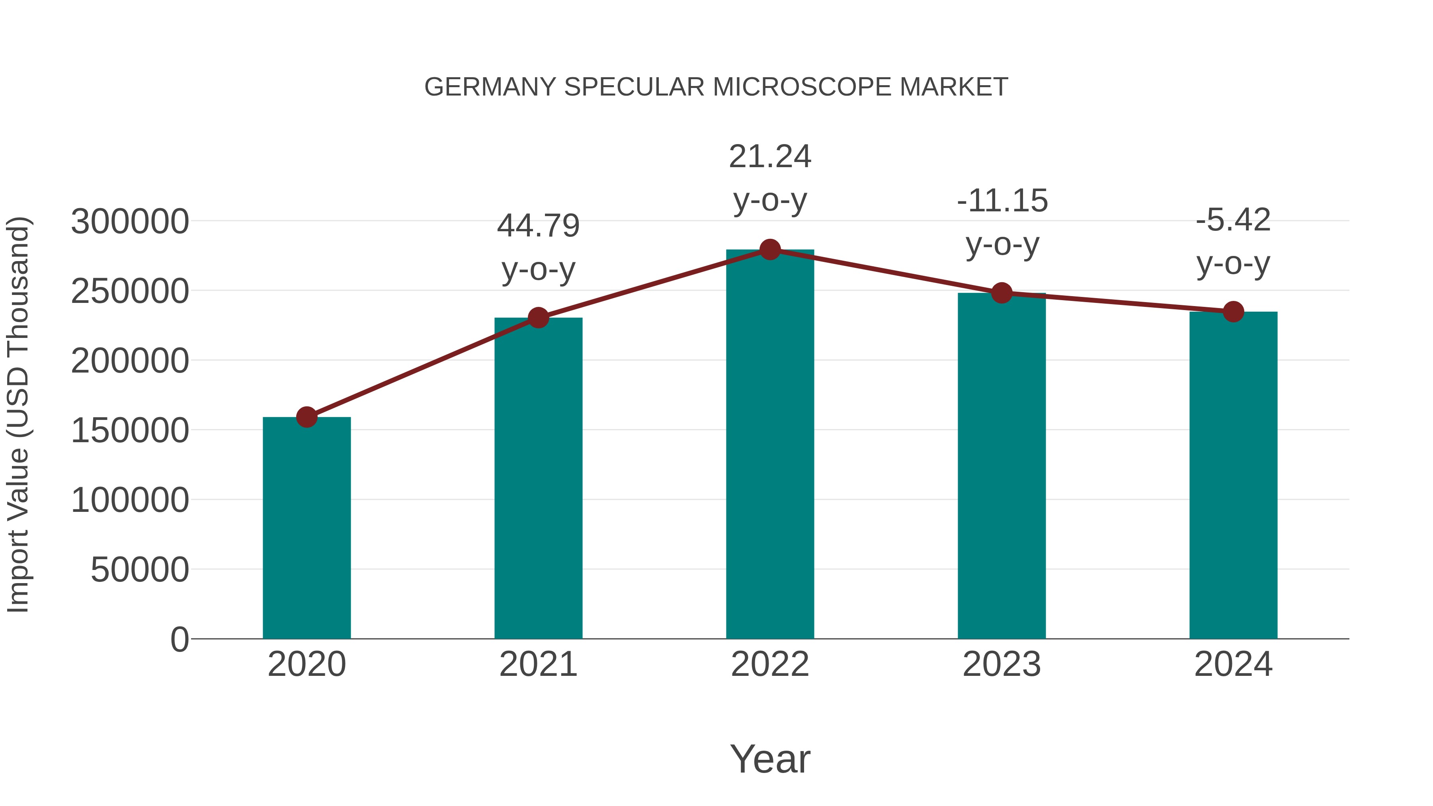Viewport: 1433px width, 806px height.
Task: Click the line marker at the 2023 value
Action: click(1002, 293)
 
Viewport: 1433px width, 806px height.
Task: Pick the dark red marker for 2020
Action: click(307, 417)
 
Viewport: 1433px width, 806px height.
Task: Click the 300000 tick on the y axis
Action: click(130, 221)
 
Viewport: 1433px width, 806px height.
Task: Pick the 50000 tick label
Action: click(140, 570)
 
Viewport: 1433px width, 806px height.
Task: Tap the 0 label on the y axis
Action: click(180, 639)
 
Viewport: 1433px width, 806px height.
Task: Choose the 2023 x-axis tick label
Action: click(1002, 664)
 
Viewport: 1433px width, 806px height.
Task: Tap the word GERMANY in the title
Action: click(490, 87)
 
